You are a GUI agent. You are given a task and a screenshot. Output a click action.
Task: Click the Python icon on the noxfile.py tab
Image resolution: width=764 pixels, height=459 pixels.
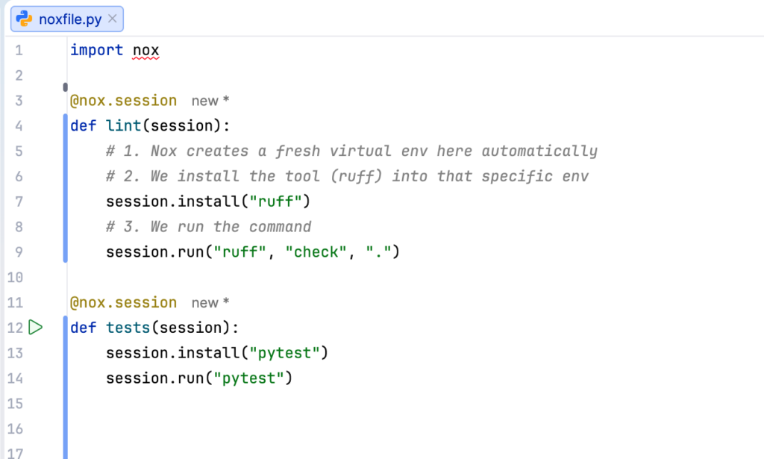pos(25,19)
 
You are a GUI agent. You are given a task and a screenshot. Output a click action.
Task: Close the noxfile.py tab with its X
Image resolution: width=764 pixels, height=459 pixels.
pos(113,19)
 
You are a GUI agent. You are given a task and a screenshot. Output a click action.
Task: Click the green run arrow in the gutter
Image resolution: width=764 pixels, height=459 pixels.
pos(36,327)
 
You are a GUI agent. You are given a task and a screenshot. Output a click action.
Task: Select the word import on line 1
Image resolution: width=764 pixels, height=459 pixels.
pos(96,50)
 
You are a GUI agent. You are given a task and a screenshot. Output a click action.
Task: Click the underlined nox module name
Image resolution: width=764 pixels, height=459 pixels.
pos(145,50)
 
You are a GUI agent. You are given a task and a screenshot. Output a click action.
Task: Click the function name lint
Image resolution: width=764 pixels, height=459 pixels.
pos(124,125)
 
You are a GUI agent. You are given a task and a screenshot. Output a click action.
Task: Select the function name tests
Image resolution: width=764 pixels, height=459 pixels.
pos(128,327)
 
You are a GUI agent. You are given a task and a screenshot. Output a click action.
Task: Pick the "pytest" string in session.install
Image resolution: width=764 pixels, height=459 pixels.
pos(289,352)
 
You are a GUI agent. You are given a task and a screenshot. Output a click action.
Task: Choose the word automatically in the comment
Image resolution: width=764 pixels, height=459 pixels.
pos(539,151)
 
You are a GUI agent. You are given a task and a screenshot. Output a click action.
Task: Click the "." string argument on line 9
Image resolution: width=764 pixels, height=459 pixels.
pos(378,252)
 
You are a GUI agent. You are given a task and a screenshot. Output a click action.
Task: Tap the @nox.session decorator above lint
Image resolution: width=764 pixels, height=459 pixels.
pos(123,100)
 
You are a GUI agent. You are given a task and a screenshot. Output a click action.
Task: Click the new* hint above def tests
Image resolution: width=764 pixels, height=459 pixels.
pos(210,302)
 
